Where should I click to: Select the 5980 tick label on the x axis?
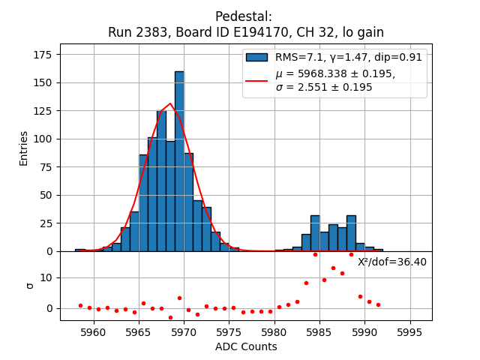click(x=274, y=331)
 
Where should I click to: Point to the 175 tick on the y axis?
click(x=46, y=55)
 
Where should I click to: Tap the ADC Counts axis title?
click(x=246, y=346)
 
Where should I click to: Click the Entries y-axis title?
click(x=24, y=148)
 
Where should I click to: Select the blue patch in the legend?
click(x=256, y=57)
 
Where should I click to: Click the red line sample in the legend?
click(x=256, y=80)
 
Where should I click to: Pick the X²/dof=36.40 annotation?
click(x=391, y=262)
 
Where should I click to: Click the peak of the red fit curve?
click(x=171, y=103)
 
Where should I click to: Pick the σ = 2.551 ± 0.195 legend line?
click(x=324, y=87)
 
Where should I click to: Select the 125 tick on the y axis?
click(x=46, y=111)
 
